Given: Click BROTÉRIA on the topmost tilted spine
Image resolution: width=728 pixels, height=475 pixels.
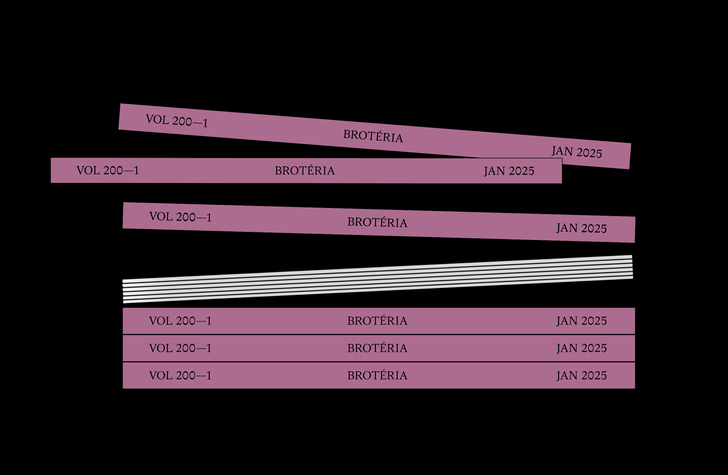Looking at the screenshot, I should [373, 136].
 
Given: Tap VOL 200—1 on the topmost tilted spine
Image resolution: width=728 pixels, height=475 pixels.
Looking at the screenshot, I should [177, 121].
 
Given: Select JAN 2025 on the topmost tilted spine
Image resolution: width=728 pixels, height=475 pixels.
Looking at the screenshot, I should [577, 152].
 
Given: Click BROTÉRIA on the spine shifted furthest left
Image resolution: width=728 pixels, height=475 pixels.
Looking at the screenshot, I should [305, 171].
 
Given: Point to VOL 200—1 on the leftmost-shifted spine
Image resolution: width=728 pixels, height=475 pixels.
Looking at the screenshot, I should [108, 171].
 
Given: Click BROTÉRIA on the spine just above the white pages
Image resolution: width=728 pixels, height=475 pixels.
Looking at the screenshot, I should [377, 222].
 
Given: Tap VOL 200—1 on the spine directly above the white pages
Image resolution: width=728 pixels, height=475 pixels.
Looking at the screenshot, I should [180, 217].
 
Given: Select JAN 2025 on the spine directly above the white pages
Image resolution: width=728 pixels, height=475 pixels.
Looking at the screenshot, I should [581, 228].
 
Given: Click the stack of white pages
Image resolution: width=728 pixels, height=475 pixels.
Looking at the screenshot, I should [378, 279].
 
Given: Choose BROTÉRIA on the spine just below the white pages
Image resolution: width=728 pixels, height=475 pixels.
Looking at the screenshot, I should [377, 321].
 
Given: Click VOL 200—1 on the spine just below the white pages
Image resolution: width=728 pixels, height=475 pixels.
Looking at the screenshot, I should [180, 321].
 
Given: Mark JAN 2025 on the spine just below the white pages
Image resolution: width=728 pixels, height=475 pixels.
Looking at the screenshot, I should [581, 321].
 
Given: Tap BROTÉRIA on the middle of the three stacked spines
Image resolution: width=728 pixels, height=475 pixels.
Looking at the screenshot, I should [377, 348].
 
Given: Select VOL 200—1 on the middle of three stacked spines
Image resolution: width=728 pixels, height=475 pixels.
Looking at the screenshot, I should [180, 348].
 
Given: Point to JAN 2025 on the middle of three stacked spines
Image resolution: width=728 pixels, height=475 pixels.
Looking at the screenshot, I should [581, 348].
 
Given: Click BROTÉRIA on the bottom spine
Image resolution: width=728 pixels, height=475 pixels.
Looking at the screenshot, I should [377, 375].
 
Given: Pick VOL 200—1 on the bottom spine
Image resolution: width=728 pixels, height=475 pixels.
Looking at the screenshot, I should [180, 375].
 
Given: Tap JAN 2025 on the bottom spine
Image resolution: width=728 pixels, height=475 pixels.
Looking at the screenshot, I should [581, 375].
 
